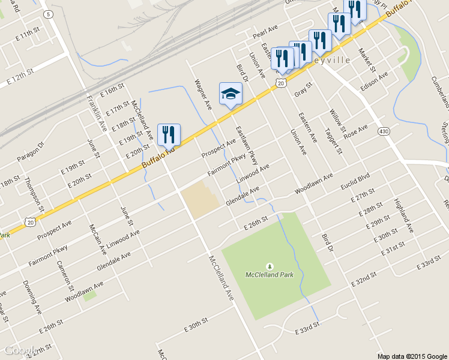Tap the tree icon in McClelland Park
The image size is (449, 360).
point(270,266)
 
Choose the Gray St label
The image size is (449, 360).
point(304,90)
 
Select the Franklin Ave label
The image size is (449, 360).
point(97,114)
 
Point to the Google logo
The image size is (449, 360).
point(19,351)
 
